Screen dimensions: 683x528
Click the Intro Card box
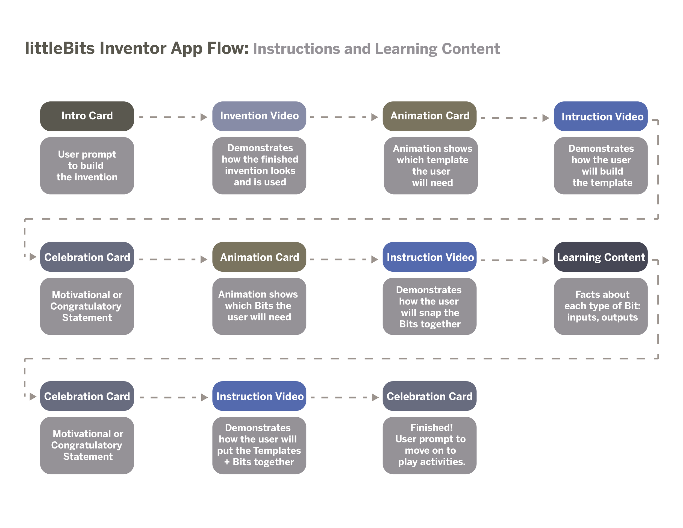click(x=87, y=116)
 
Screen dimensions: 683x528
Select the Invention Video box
click(x=259, y=116)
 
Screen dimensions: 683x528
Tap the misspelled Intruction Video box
click(x=600, y=116)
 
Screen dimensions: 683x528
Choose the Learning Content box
click(x=600, y=257)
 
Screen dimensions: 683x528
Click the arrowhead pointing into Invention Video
click(x=204, y=117)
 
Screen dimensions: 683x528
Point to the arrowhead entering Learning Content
click(x=546, y=260)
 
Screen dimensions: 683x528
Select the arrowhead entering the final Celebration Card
click(x=375, y=397)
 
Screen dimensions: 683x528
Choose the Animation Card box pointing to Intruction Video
click(x=429, y=116)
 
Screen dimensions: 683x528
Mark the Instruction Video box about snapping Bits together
click(x=429, y=257)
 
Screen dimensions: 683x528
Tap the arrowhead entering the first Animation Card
click(x=375, y=117)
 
